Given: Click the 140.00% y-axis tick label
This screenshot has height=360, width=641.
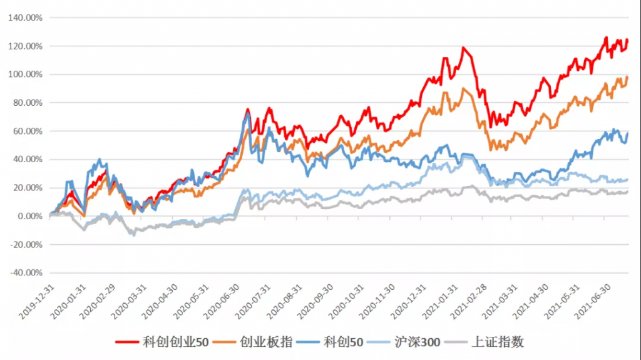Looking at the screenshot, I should [26, 18].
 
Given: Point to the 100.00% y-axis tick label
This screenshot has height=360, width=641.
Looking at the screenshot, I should [26, 75].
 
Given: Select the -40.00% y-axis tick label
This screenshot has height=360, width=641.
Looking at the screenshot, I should [25, 273].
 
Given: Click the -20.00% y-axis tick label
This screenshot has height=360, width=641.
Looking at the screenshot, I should [25, 245].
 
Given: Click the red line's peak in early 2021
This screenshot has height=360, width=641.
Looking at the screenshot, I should [463, 48].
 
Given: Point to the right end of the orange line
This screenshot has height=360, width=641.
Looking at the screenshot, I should [627, 77].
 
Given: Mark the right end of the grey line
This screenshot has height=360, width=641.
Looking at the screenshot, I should [627, 192].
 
